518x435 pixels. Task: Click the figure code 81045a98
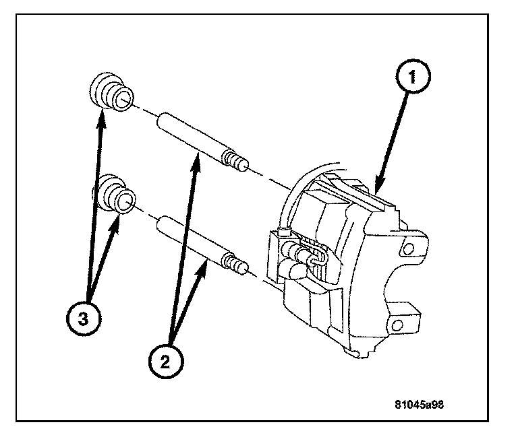[x=423, y=405]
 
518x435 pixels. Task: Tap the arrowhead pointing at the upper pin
[x=197, y=156]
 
